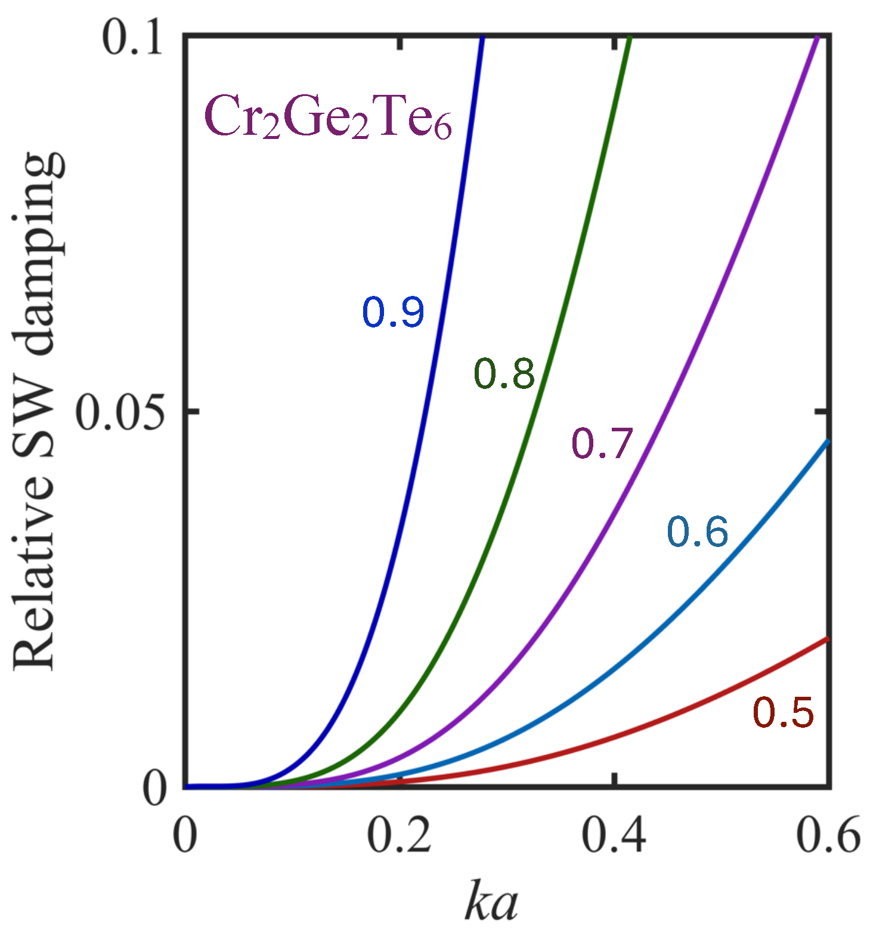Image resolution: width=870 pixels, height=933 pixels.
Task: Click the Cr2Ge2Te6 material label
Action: pos(327,118)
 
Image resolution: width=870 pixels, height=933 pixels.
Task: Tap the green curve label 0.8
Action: pos(504,374)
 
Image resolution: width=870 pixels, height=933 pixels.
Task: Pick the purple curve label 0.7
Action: pos(602,444)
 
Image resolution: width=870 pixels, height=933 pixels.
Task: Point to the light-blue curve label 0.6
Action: pos(698,532)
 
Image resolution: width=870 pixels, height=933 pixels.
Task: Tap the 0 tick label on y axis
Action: pos(154,790)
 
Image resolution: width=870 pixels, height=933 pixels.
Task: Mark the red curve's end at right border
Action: pos(827,639)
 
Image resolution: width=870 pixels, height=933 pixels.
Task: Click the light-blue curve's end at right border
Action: pos(827,441)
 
